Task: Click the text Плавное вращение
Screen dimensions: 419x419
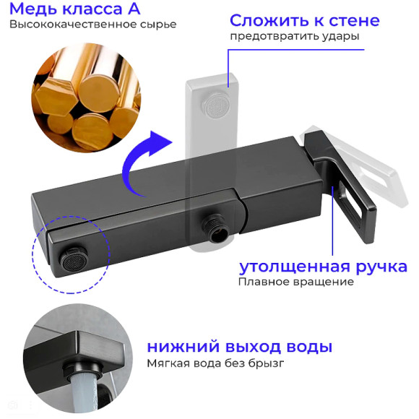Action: [x=295, y=282]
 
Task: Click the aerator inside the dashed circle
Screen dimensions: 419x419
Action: [x=69, y=256]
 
